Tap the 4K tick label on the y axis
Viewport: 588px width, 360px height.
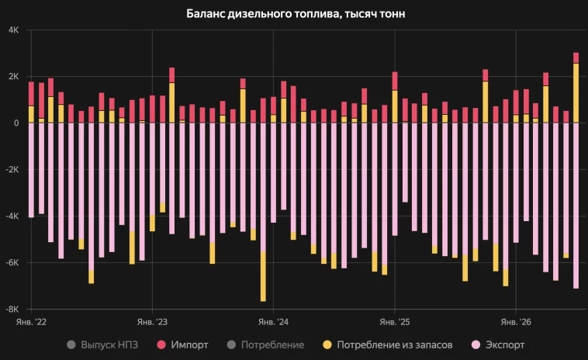[x=13, y=30]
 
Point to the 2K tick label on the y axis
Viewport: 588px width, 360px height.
[x=13, y=77]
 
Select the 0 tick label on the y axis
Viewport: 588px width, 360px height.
[x=16, y=123]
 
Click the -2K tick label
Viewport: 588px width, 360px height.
[x=12, y=169]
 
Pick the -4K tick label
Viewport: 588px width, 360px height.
[x=12, y=216]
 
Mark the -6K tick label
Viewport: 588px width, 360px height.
[x=12, y=262]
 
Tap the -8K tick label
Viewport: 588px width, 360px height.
[x=12, y=309]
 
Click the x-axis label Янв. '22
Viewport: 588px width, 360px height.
[x=31, y=322]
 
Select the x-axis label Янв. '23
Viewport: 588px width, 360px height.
[x=152, y=322]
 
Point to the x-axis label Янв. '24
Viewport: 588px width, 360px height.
[x=273, y=322]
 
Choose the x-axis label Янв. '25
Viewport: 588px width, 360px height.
[x=395, y=322]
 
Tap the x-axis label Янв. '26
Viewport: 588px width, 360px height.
[x=516, y=322]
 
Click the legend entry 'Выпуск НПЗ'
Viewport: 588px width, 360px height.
[x=102, y=344]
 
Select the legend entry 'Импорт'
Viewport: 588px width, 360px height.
[x=182, y=344]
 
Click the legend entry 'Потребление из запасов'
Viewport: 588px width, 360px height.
[x=388, y=344]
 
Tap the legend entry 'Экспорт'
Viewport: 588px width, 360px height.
[x=497, y=344]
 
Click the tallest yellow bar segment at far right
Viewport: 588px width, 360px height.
[x=576, y=93]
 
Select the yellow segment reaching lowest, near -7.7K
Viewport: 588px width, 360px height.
[x=263, y=276]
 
